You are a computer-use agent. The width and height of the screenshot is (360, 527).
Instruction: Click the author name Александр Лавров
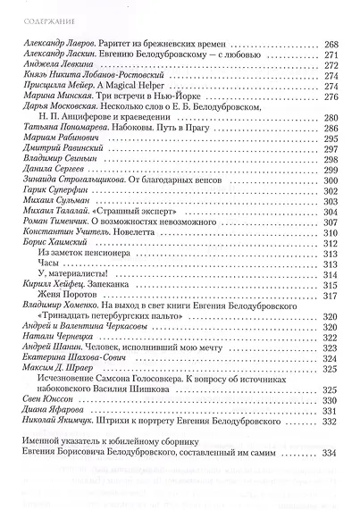click(57, 42)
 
